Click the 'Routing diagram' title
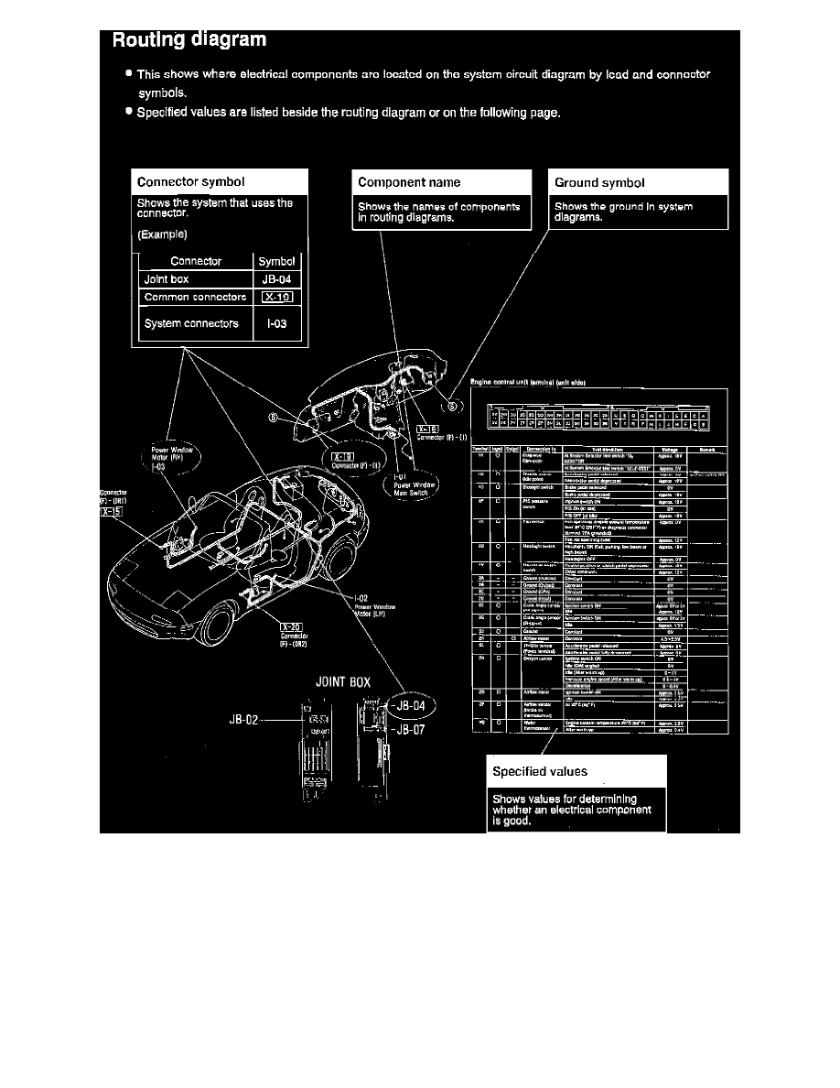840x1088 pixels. click(x=188, y=39)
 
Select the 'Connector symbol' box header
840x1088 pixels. click(x=190, y=182)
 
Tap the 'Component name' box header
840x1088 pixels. click(x=409, y=182)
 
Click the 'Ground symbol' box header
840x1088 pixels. click(x=599, y=182)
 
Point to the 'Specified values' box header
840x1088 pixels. click(x=540, y=771)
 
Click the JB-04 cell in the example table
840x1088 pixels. click(x=277, y=279)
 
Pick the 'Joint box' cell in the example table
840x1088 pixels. click(x=167, y=279)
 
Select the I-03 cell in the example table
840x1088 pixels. click(x=277, y=323)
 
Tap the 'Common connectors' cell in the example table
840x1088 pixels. click(x=195, y=298)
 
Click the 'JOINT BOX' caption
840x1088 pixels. click(x=342, y=681)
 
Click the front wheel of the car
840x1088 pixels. click(x=216, y=625)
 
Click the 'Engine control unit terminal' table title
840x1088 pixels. click(x=533, y=382)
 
